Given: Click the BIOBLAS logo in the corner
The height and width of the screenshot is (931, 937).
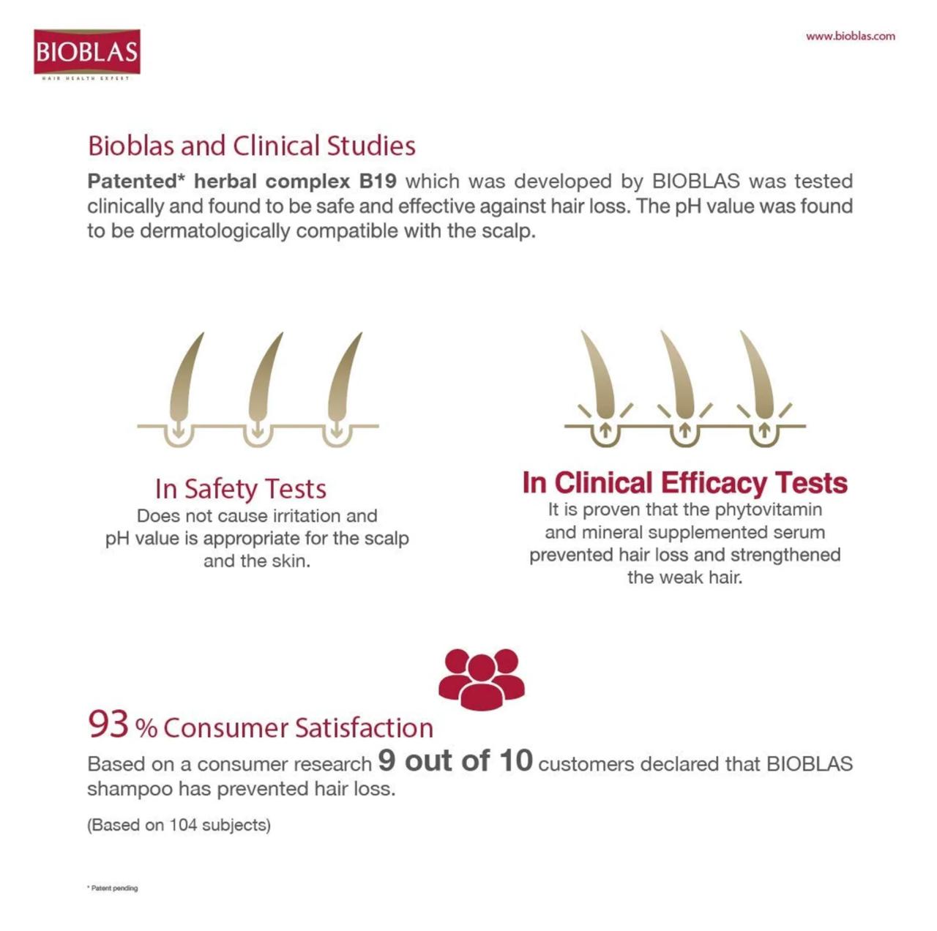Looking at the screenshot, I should click(x=86, y=53).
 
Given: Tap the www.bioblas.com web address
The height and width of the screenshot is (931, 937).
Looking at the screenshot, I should click(x=850, y=36).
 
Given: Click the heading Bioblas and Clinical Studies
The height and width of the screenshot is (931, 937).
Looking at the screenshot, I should click(x=251, y=146).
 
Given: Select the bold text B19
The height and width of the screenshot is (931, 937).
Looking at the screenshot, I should click(x=378, y=182).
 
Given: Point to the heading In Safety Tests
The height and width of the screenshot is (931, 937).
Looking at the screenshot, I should click(x=240, y=489).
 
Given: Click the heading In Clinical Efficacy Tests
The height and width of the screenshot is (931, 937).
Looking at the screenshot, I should click(x=684, y=483).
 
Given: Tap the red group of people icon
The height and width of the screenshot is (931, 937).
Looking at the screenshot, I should click(x=481, y=678).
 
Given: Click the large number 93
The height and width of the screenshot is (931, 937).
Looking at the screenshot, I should click(x=108, y=724).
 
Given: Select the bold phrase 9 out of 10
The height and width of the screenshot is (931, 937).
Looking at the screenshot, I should click(x=455, y=760).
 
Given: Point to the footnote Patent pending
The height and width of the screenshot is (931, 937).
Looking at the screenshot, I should click(x=113, y=888).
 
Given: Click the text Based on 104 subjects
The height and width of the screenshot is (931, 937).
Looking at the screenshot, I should click(x=179, y=825).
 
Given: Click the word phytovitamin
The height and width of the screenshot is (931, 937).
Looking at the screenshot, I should click(x=768, y=509).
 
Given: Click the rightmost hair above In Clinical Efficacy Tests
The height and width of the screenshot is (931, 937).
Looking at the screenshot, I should click(x=758, y=377).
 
